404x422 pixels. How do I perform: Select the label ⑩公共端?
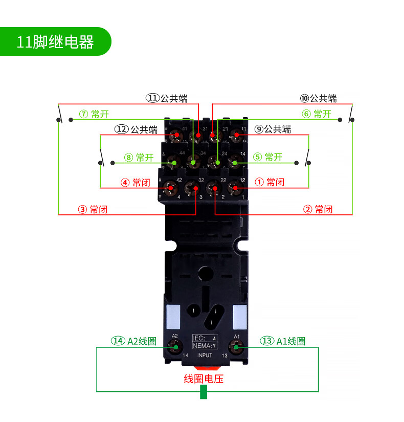(318, 98)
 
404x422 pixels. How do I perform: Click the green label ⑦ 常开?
(94, 114)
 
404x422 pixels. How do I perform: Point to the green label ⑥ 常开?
(317, 114)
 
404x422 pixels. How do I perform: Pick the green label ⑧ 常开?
(139, 157)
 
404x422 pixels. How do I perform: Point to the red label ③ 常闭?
(93, 209)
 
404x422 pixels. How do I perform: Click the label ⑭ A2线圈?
(134, 341)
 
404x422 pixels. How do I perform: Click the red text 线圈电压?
(204, 379)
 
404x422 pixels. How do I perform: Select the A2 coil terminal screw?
(175, 347)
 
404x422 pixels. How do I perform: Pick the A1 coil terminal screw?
(236, 347)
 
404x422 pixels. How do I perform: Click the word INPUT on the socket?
(205, 355)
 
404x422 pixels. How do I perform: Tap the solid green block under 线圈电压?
(204, 392)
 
